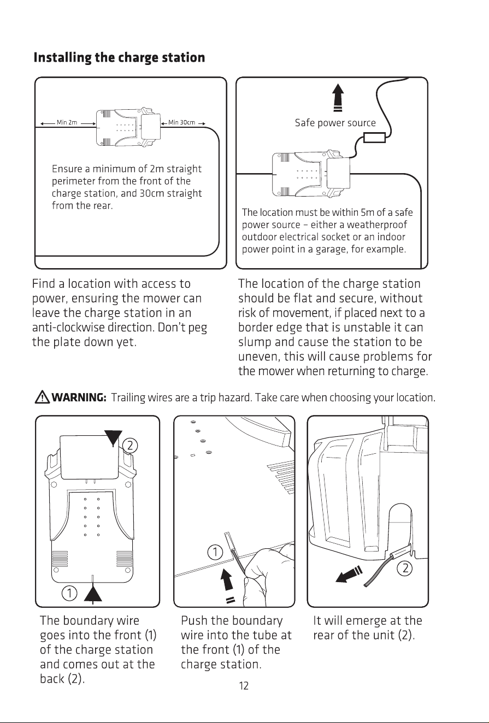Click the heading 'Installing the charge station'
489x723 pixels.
[x=119, y=58]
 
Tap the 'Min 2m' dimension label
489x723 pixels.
[x=67, y=122]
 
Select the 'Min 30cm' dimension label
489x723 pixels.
[x=181, y=122]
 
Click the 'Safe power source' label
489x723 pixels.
[x=335, y=123]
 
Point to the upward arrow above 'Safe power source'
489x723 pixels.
[x=338, y=98]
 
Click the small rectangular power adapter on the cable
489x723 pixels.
[x=375, y=138]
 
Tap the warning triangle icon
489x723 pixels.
[x=42, y=396]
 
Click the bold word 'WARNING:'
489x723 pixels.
[x=79, y=398]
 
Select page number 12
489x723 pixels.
[x=244, y=685]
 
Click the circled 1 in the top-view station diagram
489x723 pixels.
[x=69, y=592]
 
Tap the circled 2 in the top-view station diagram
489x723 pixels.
[x=130, y=446]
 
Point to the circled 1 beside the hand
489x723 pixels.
[x=215, y=552]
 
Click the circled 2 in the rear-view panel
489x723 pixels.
[x=405, y=568]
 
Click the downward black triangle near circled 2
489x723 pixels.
[x=113, y=438]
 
